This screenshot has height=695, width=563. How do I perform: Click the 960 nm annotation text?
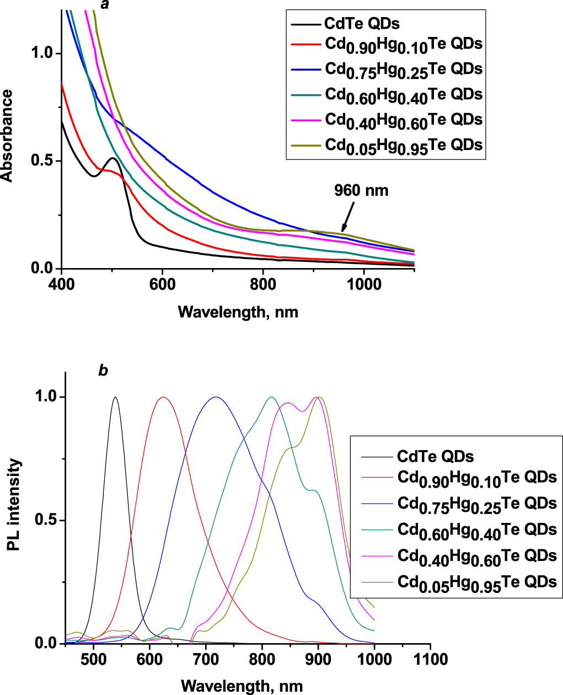click(x=361, y=191)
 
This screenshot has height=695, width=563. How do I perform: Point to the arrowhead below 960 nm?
click(x=343, y=230)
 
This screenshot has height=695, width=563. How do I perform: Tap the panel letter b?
click(x=103, y=371)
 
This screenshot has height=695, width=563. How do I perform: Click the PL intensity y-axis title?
click(x=15, y=505)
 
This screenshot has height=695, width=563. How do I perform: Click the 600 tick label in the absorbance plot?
click(x=162, y=285)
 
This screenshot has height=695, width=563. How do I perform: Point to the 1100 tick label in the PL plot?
click(x=430, y=659)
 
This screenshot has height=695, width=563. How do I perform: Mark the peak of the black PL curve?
click(x=115, y=397)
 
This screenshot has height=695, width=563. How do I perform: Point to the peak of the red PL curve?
click(x=163, y=397)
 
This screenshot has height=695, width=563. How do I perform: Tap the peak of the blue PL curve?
click(x=216, y=397)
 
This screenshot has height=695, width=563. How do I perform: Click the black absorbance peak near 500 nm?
click(x=112, y=158)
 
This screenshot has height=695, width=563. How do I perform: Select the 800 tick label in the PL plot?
click(x=262, y=659)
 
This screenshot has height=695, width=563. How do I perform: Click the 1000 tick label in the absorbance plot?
click(x=364, y=285)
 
